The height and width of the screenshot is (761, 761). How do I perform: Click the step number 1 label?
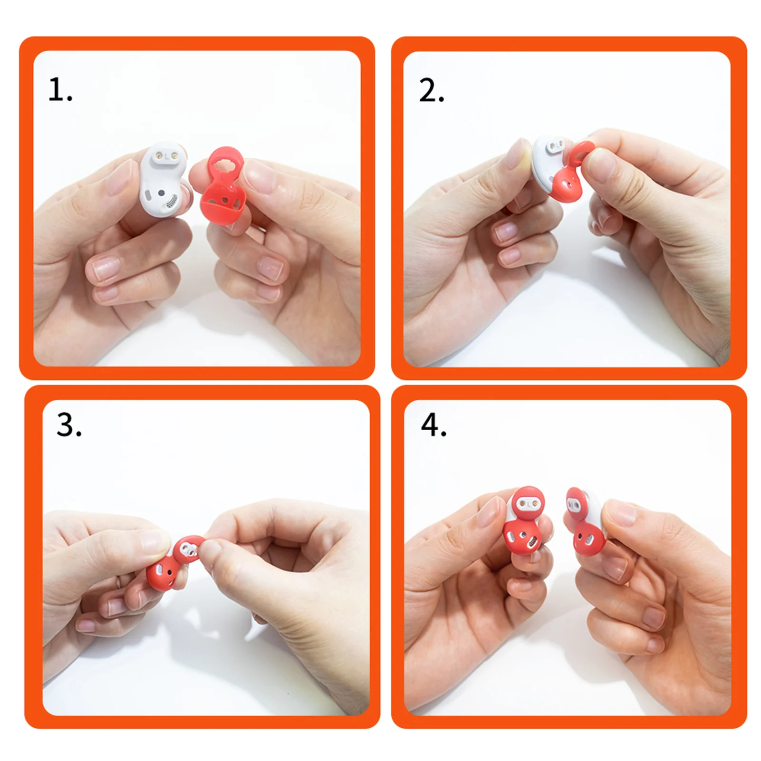60,90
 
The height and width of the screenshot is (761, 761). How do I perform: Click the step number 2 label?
432,90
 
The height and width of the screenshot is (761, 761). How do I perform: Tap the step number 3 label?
69,424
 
